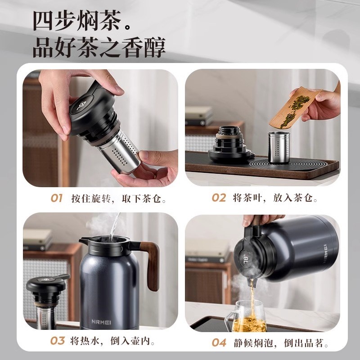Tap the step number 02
[x=219, y=198]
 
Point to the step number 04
[x=219, y=342]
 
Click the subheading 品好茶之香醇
[x=99, y=47]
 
